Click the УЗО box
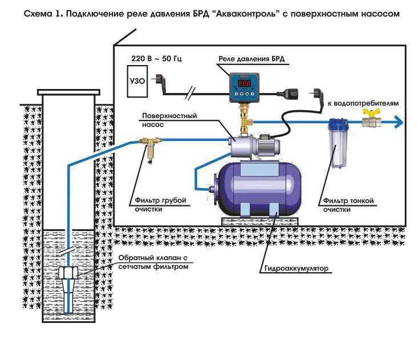tap(137, 81)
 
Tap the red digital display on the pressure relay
tap(244, 83)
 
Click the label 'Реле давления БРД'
tap(251, 59)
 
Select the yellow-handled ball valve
tap(371, 118)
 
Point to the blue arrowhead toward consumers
tap(399, 123)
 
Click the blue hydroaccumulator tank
tap(257, 188)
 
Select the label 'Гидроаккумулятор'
tap(296, 268)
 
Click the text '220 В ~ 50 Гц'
tap(156, 59)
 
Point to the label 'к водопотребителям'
tap(363, 103)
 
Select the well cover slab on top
tap(69, 92)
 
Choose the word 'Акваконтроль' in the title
tap(247, 14)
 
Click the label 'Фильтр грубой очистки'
tap(160, 205)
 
